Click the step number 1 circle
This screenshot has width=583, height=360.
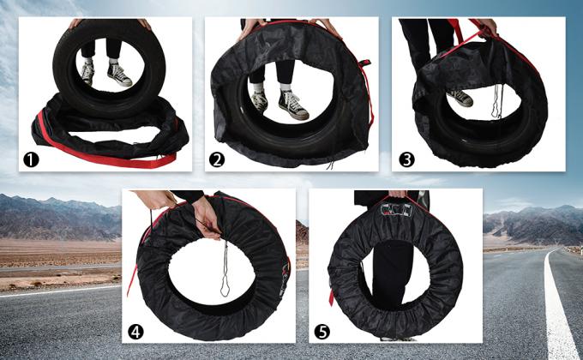30,159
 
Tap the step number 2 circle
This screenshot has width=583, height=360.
217,159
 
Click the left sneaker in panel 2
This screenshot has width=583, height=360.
259,102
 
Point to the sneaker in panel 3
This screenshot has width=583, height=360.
460,97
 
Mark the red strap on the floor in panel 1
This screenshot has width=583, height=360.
111,160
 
